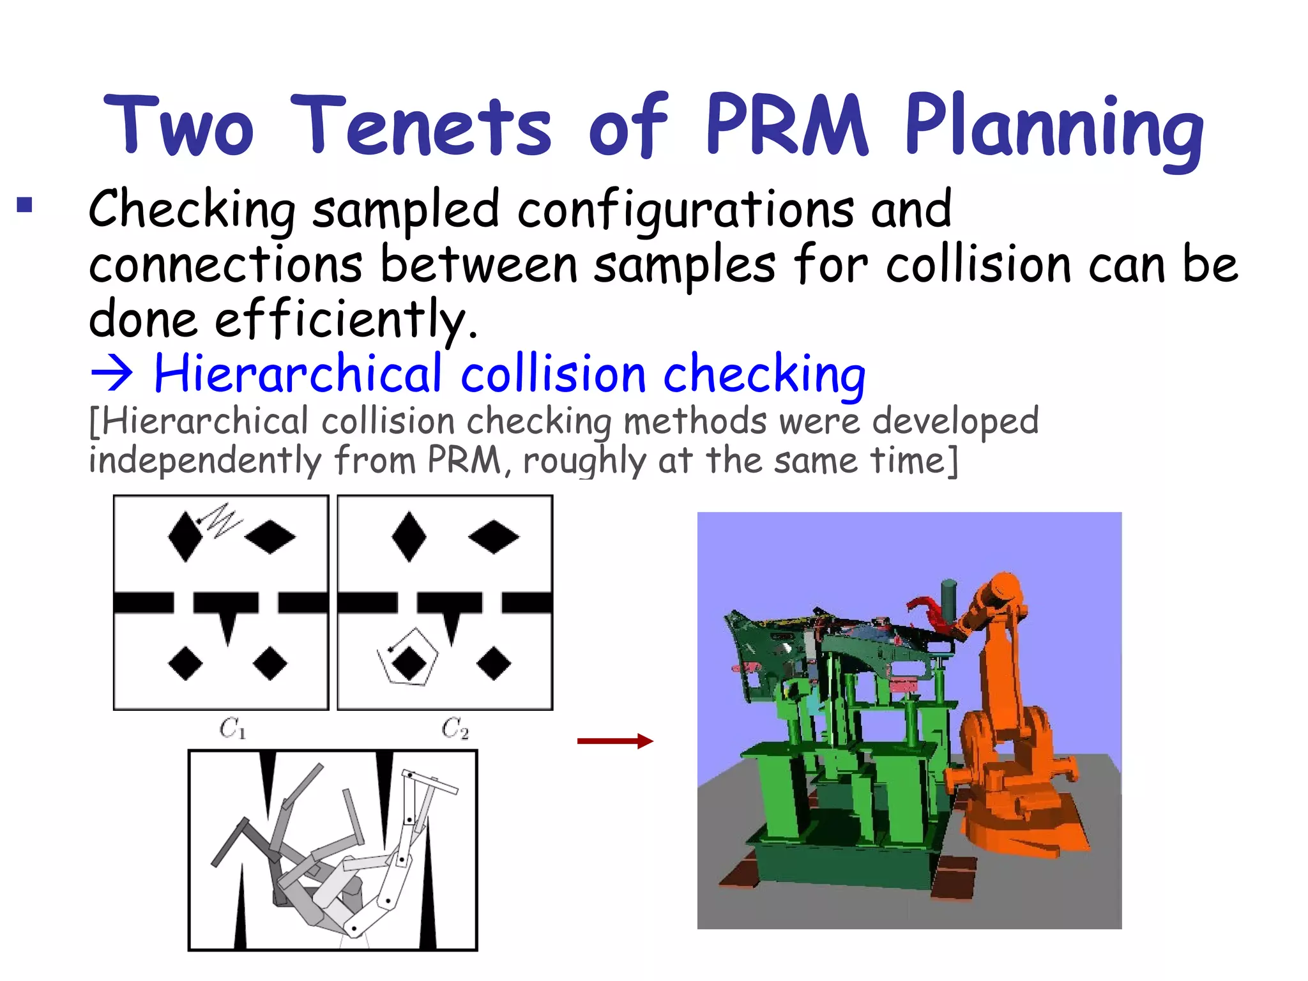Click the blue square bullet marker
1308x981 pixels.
pos(24,205)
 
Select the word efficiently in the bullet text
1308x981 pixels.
pos(345,318)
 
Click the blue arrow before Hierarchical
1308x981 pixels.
pos(112,374)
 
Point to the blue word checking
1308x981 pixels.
pos(764,374)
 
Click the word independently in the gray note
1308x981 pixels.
pos(204,460)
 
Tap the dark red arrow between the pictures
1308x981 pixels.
pos(615,741)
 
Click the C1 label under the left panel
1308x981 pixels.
pos(232,728)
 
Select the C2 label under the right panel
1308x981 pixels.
pos(455,728)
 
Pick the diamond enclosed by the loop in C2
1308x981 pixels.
pos(409,663)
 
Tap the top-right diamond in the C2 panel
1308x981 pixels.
pos(494,536)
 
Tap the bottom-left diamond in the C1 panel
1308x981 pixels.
pos(185,664)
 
